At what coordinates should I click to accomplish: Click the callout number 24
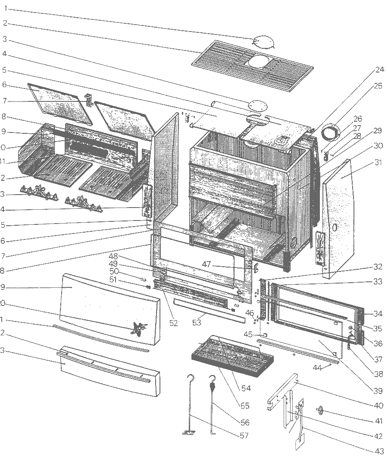click(x=379, y=69)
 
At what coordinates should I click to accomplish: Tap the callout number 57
click(x=244, y=435)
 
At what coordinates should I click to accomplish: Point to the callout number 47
click(x=207, y=264)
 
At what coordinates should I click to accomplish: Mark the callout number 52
click(x=173, y=323)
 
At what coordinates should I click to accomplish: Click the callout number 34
click(x=378, y=313)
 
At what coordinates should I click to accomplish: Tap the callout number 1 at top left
click(x=5, y=8)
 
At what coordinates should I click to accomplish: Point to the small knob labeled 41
click(x=321, y=411)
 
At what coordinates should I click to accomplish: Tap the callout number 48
click(x=113, y=256)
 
